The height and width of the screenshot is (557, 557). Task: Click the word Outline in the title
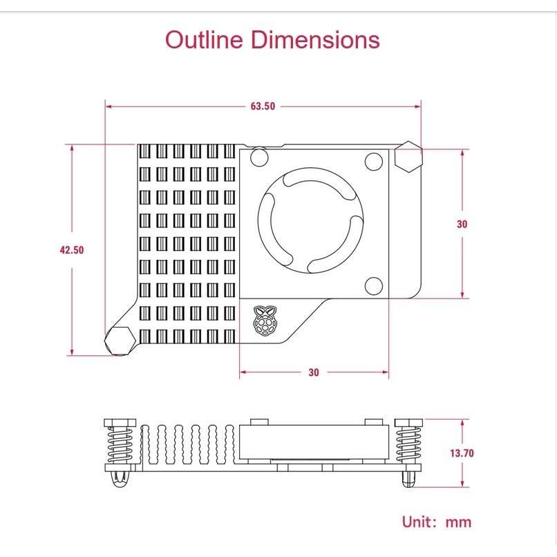tap(204, 39)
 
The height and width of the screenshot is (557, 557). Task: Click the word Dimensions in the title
tap(315, 39)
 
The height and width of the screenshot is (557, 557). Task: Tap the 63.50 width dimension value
tap(263, 106)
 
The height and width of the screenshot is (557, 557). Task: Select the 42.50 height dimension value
tap(72, 250)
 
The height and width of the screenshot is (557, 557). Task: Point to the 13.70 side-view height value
tap(462, 453)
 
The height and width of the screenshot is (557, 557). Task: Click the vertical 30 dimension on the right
tap(462, 224)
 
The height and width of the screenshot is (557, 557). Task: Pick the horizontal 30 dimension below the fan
tap(314, 372)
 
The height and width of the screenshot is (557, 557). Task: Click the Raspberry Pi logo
tap(265, 321)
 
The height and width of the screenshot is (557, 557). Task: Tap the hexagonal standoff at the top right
tap(408, 157)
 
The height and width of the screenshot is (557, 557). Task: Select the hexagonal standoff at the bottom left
tap(120, 341)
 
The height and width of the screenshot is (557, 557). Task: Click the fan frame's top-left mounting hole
tap(259, 158)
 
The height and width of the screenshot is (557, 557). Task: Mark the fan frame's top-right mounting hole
tap(374, 161)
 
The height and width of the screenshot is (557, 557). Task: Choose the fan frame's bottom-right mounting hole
tap(374, 286)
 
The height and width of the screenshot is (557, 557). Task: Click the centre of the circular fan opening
tap(310, 220)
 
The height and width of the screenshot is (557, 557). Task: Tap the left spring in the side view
tap(120, 445)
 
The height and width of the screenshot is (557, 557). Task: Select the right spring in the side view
tap(408, 445)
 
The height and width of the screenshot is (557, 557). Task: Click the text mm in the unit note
tap(459, 522)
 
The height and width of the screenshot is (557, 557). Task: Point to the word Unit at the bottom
tap(417, 522)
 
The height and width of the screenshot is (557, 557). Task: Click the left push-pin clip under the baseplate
tap(120, 480)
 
